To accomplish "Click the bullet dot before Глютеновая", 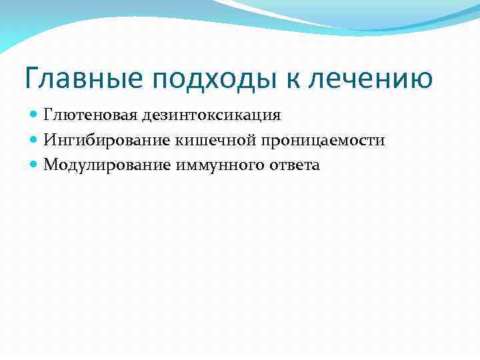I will point(34,115).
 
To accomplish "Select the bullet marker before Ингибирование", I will point(34,140).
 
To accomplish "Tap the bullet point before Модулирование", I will point(34,165).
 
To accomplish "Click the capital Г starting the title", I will point(31,79).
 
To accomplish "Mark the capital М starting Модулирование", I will point(50,165).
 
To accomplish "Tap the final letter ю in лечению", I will point(421,80).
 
